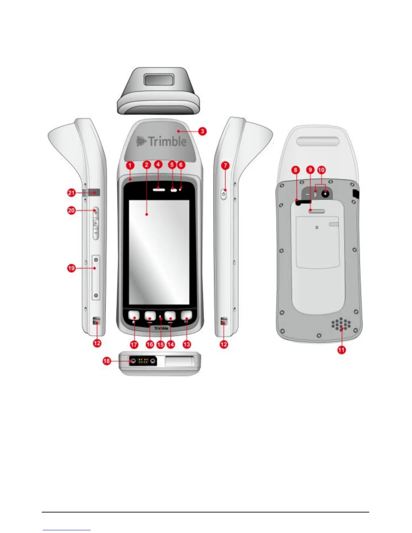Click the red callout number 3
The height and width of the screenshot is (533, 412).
tap(202, 131)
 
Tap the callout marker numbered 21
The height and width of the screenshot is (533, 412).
tap(71, 193)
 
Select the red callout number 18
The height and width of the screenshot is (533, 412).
tap(107, 361)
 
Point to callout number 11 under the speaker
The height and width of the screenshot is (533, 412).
tap(341, 350)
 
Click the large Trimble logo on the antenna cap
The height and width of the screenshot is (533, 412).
tap(162, 141)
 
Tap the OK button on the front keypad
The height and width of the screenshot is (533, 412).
tap(186, 316)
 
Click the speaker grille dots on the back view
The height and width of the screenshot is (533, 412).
tap(341, 324)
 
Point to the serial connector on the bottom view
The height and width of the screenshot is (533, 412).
tap(143, 361)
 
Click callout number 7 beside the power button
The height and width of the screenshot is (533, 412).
tap(225, 166)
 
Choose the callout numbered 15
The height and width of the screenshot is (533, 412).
tap(161, 345)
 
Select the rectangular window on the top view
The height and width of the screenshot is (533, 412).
tap(158, 80)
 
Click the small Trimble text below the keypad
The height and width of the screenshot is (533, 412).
tap(161, 328)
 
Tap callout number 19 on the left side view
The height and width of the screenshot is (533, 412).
tap(71, 269)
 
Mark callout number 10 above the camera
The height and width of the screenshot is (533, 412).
tap(321, 170)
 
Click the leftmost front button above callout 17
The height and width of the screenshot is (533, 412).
tap(134, 316)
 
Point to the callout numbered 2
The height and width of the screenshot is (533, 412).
tap(146, 165)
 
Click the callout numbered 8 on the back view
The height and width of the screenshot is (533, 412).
tap(296, 170)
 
